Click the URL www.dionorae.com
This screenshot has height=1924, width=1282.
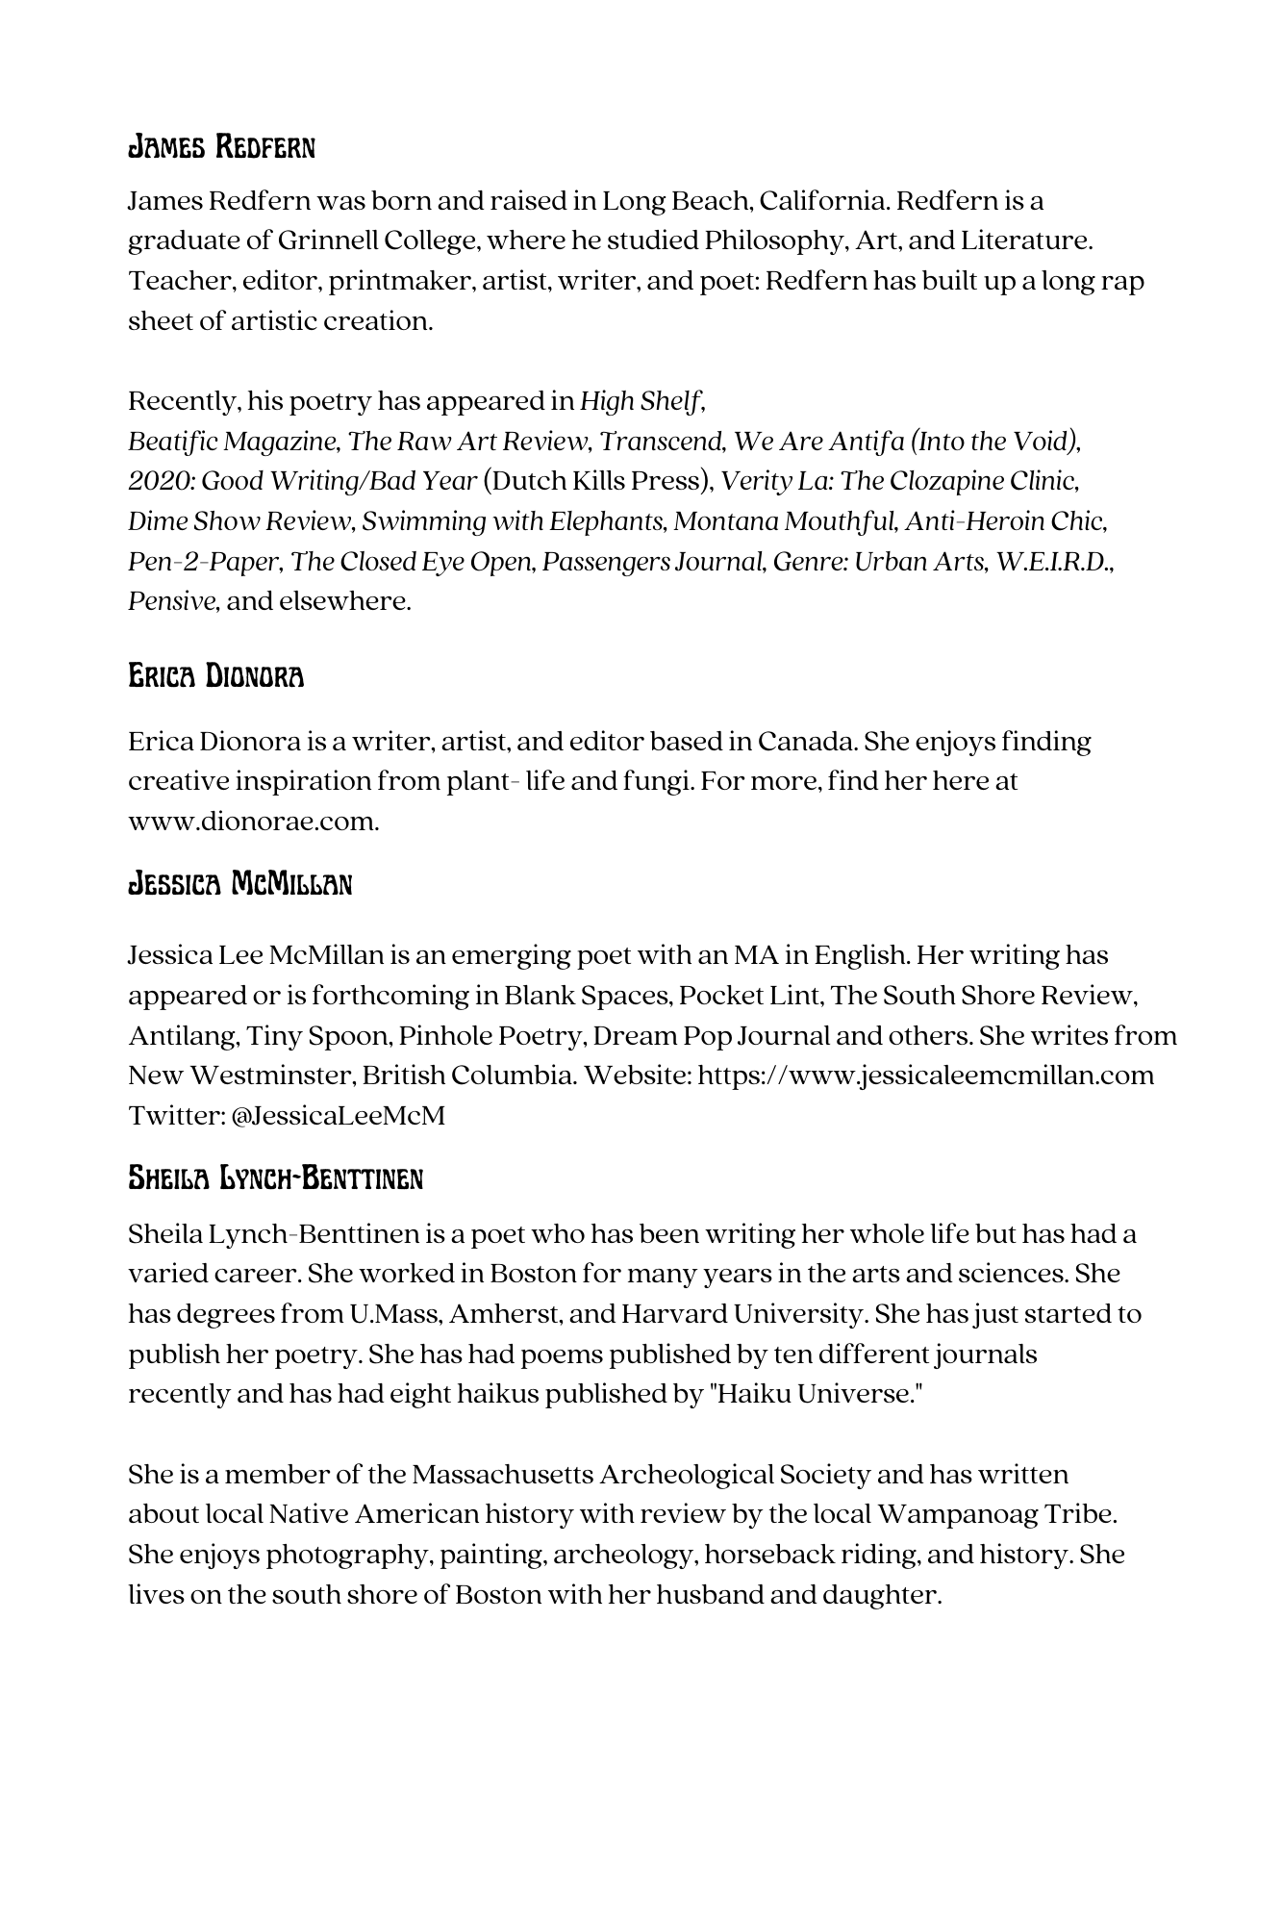[x=253, y=823]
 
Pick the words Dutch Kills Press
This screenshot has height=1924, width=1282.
[x=596, y=481]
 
